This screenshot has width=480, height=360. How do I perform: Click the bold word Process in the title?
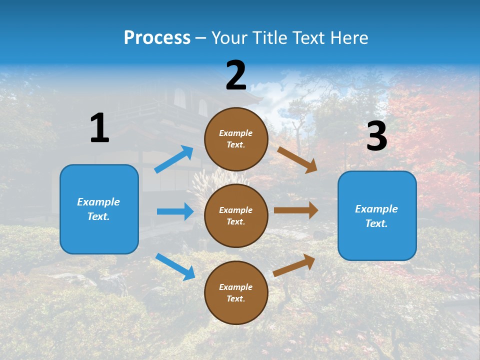coord(157,37)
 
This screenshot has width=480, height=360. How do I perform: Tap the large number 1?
coord(99,128)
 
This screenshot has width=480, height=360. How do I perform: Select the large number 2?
coord(236,75)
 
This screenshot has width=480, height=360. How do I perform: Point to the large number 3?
coord(377,136)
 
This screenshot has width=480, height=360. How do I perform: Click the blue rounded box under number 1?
coord(99,209)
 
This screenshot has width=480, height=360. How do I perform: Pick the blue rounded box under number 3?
coord(377,216)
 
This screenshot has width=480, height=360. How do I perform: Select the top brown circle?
coord(236,139)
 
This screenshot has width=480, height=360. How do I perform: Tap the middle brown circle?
coord(236,215)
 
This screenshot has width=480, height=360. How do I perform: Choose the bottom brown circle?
coord(236,292)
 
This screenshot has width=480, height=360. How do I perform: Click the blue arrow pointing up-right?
coord(174,159)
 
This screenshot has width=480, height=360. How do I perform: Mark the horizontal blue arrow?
coord(175,211)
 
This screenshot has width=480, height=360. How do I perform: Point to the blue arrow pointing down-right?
coord(175,266)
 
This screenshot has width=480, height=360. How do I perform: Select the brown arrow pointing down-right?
coord(297,159)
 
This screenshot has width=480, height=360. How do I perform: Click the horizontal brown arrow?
coord(296,210)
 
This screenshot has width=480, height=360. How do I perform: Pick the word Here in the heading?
coord(349,38)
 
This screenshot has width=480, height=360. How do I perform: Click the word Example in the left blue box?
coord(98,202)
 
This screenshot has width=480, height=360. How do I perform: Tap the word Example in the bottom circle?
coord(235,287)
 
